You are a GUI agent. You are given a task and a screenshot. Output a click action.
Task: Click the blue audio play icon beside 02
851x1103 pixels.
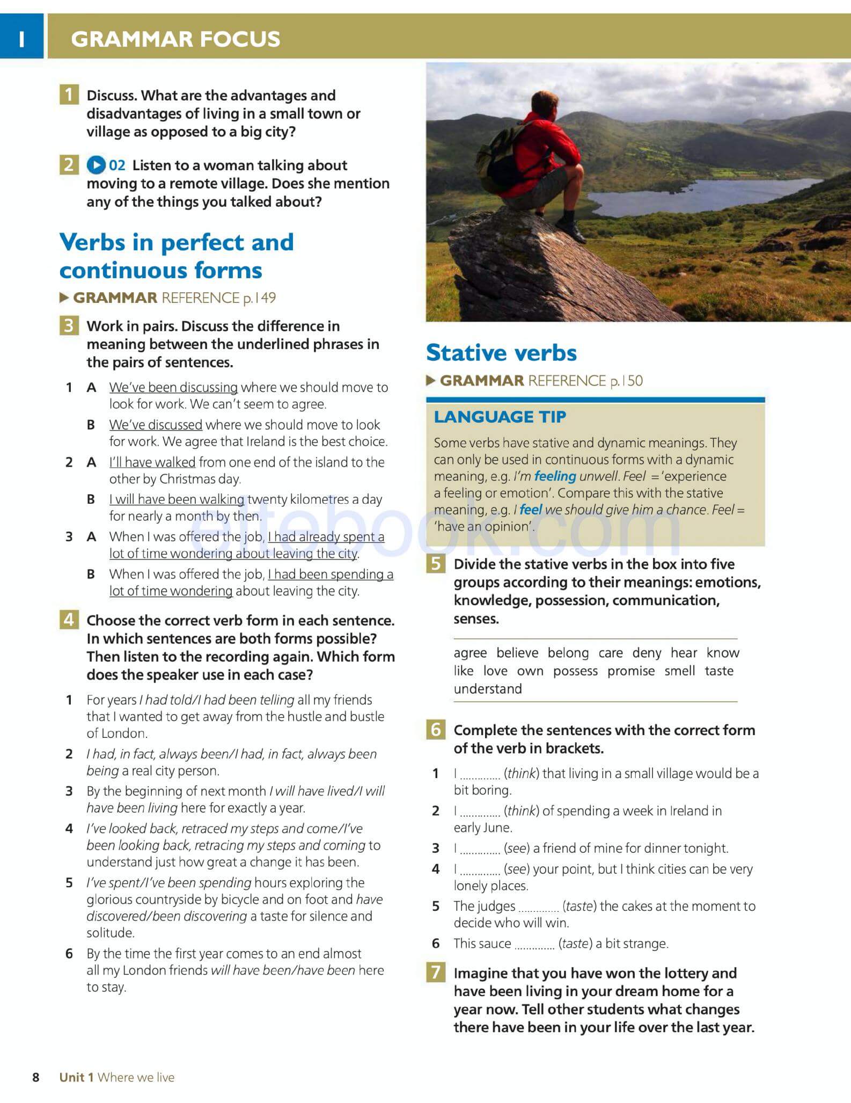click(96, 165)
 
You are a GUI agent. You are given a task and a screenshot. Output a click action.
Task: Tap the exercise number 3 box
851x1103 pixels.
click(69, 326)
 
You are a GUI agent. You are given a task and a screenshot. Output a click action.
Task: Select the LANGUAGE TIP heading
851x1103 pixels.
click(500, 417)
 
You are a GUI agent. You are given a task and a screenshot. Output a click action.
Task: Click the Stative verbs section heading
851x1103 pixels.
click(501, 353)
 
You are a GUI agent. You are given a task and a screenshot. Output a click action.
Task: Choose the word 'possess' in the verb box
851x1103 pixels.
click(575, 671)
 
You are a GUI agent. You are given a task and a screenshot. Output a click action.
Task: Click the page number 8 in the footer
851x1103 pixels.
click(36, 1077)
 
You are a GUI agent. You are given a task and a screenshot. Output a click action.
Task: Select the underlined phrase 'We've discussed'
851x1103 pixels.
click(156, 425)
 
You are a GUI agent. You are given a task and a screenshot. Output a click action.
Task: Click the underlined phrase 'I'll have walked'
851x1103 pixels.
click(152, 462)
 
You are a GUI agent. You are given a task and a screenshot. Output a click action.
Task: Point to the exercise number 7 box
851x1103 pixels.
click(436, 973)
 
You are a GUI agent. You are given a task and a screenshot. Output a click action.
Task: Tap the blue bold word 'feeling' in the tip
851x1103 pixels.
click(555, 476)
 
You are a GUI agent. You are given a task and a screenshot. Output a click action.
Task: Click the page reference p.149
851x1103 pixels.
click(259, 298)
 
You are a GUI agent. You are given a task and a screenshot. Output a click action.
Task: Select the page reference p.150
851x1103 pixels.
click(626, 381)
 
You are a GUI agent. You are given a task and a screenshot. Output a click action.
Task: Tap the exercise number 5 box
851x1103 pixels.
click(436, 564)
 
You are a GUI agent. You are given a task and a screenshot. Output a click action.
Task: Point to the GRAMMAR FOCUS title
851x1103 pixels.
click(175, 39)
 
